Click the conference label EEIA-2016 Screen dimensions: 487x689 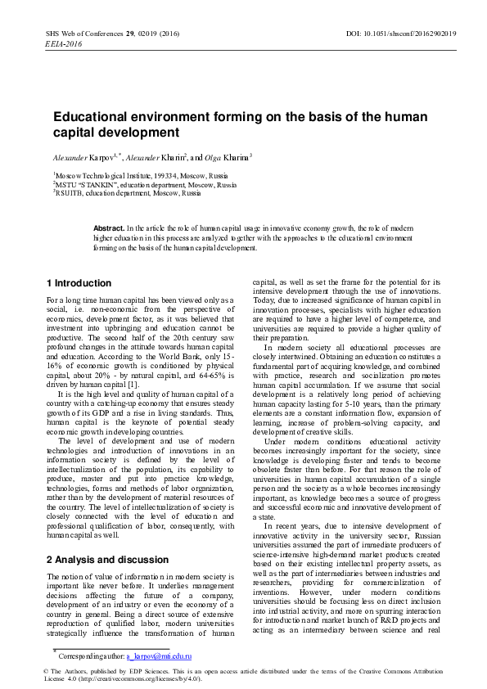pos(63,43)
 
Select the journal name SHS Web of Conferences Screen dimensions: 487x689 pos(83,33)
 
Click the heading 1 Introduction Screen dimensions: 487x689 pos(79,283)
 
